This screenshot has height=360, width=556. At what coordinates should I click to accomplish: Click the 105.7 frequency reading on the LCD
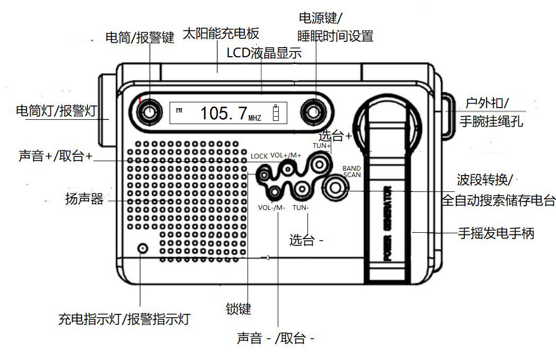224,113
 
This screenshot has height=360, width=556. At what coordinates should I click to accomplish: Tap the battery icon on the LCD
275,113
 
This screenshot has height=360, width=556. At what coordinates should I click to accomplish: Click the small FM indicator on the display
178,110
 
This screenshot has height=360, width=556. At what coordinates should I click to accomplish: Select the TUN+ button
319,164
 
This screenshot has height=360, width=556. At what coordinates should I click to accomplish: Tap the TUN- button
302,189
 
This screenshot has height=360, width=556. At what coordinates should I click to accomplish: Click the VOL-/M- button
275,192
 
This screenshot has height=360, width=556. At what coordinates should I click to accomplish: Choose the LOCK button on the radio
263,172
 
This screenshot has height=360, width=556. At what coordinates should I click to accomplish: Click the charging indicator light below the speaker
142,248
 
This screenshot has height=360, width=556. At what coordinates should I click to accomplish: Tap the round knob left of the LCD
149,112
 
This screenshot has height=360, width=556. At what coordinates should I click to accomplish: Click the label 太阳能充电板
220,33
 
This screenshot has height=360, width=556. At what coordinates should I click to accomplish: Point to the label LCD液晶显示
264,53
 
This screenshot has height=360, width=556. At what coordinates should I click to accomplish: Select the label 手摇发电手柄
496,233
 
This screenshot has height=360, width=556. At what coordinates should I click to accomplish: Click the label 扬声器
84,200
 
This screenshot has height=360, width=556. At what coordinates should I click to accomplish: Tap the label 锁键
238,308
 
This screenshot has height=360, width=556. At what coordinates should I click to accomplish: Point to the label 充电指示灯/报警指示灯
124,319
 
